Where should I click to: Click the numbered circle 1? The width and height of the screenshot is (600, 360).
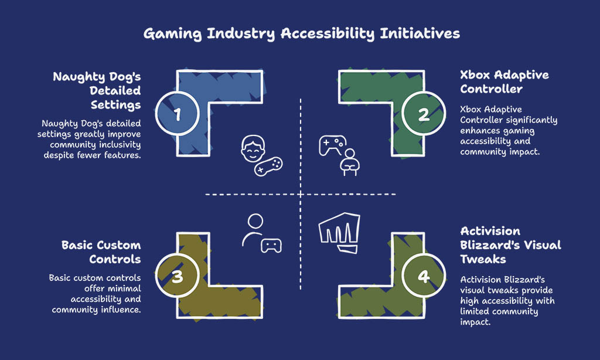point(177,113)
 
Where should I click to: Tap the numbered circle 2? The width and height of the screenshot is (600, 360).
point(424,113)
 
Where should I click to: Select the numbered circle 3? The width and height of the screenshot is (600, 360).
point(177,276)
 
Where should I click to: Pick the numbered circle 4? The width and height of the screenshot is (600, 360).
point(424,276)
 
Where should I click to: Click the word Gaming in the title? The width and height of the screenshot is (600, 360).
point(172,33)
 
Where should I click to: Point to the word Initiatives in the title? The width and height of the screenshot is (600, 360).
point(420,33)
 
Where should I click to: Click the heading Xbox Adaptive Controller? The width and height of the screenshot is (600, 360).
point(504,82)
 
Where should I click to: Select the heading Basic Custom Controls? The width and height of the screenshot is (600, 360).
point(101,252)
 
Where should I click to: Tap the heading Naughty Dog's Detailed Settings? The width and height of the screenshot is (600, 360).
point(97,91)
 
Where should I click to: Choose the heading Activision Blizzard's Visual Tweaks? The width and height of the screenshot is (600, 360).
point(510,245)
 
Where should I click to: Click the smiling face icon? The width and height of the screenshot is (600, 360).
point(253,148)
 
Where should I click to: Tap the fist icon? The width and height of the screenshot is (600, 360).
point(339,232)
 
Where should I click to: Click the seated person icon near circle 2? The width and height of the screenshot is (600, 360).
point(349,162)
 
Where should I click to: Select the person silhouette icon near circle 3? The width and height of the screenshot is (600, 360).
point(253,230)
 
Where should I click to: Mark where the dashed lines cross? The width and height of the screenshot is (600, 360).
point(301,195)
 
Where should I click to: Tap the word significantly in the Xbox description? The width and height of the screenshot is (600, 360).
point(533,120)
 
